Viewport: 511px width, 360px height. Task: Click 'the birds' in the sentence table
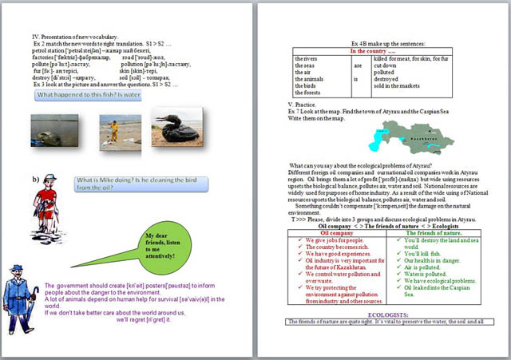point(305,85)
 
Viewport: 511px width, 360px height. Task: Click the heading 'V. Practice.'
point(305,105)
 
